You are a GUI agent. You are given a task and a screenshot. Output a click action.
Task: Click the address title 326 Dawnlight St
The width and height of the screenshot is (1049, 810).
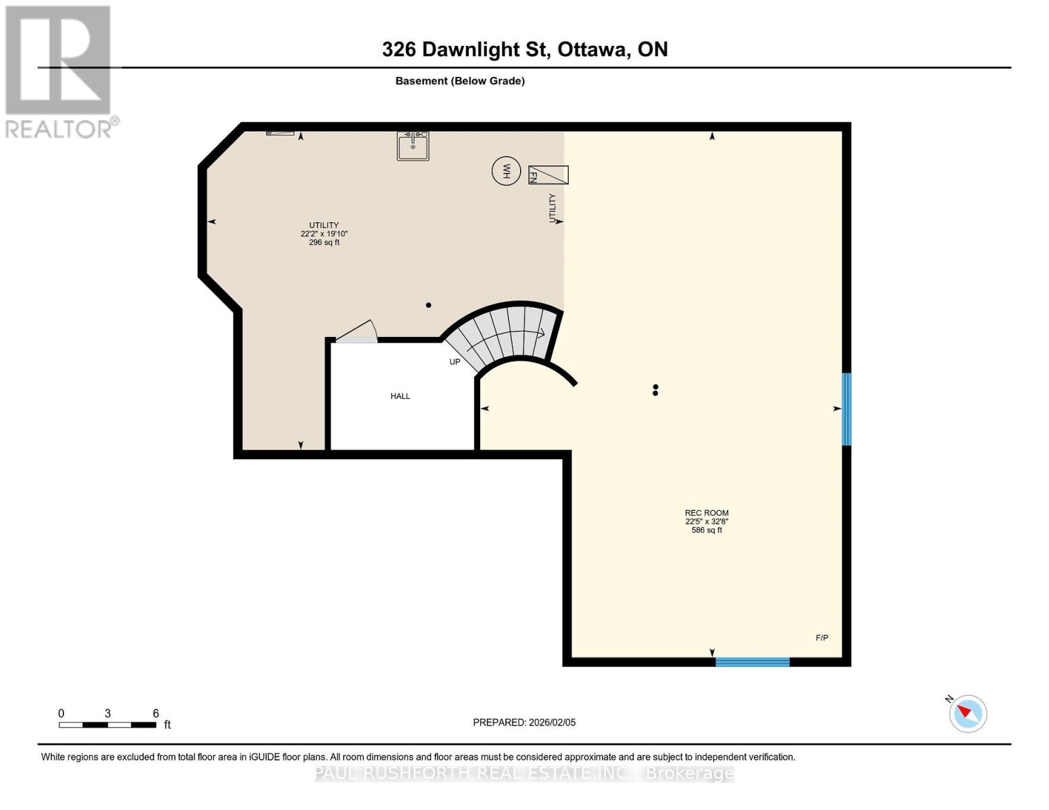pyautogui.click(x=524, y=49)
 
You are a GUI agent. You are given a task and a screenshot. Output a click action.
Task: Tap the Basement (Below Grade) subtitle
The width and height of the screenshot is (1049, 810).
pyautogui.click(x=459, y=81)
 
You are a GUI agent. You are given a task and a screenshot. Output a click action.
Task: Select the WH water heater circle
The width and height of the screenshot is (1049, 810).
pyautogui.click(x=506, y=171)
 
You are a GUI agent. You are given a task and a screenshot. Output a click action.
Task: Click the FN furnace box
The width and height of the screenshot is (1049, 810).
pyautogui.click(x=548, y=175)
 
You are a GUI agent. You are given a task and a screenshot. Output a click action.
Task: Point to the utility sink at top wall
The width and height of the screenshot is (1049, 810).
pyautogui.click(x=413, y=146)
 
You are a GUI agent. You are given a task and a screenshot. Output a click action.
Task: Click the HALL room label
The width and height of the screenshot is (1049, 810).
pyautogui.click(x=400, y=396)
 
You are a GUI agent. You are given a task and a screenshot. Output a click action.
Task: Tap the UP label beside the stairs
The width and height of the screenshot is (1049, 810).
pyautogui.click(x=455, y=362)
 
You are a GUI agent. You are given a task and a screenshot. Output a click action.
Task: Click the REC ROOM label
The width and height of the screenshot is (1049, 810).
pyautogui.click(x=707, y=513)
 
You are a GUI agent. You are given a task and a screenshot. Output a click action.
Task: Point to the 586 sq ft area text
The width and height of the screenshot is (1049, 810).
pyautogui.click(x=707, y=531)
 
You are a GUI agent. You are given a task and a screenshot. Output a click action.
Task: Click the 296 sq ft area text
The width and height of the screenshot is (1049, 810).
pyautogui.click(x=324, y=242)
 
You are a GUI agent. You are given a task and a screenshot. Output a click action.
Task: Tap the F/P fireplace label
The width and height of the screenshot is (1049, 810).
pyautogui.click(x=821, y=638)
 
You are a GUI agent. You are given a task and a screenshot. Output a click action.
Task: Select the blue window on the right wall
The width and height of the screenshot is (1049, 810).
pyautogui.click(x=846, y=409)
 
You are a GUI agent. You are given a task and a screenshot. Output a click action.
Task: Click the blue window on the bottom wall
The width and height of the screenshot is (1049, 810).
pyautogui.click(x=752, y=662)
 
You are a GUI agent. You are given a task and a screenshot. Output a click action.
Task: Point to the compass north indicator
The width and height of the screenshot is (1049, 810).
pyautogui.click(x=967, y=713)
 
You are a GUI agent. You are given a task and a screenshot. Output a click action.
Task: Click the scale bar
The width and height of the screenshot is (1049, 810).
pyautogui.click(x=107, y=725)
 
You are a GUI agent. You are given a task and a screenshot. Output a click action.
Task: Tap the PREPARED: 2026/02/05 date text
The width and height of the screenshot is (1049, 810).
pyautogui.click(x=524, y=722)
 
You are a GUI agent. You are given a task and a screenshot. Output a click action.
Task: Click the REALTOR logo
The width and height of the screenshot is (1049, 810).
pyautogui.click(x=59, y=71)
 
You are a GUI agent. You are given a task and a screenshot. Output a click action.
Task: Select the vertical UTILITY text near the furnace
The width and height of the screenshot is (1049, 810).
pyautogui.click(x=553, y=208)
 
